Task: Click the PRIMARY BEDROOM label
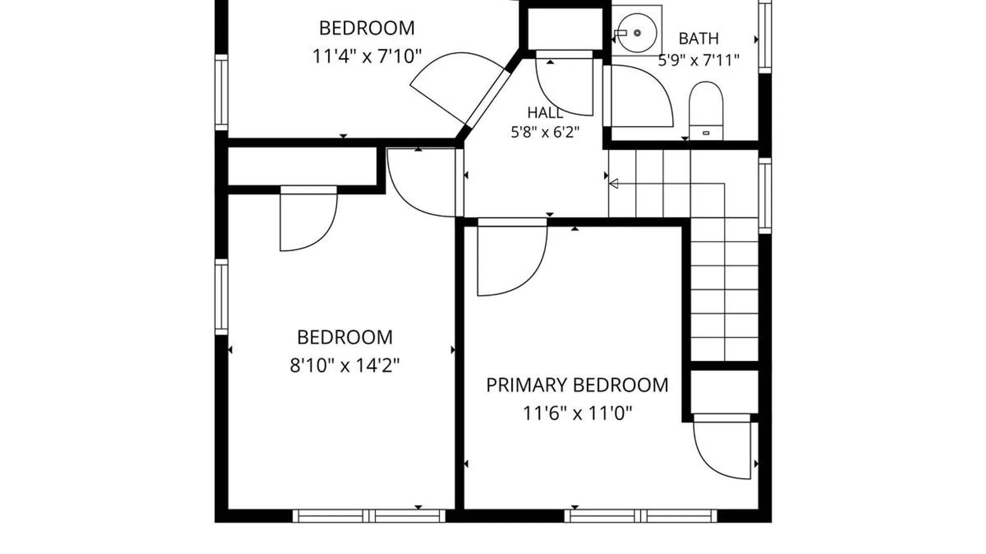pos(577,385)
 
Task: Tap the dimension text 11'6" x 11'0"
pos(577,413)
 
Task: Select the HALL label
pos(545,112)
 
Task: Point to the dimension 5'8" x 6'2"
pos(545,132)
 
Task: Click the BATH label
pos(698,38)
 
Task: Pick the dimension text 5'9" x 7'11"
pos(698,61)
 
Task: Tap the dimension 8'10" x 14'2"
pos(345,366)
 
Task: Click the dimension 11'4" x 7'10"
pos(367,56)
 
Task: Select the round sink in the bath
pos(637,33)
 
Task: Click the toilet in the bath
pos(706,111)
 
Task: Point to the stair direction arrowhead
pos(613,183)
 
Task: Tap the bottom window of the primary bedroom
pos(640,516)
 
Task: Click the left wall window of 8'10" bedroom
pos(221,297)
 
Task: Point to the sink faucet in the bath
pos(620,33)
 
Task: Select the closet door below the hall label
pos(565,82)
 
